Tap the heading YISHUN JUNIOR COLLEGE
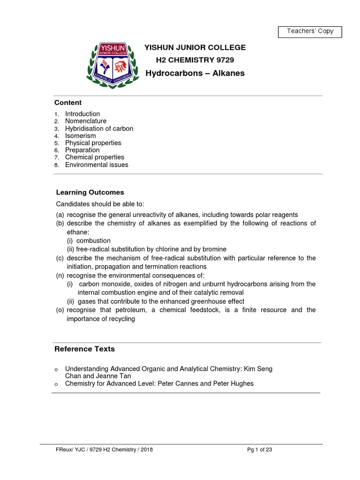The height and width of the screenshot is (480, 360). tap(195, 47)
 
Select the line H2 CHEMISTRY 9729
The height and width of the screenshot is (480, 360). tap(195, 60)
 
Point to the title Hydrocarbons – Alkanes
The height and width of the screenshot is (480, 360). tap(195, 73)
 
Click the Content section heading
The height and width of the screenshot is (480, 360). tap(68, 103)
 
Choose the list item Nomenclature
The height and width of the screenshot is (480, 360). tap(86, 121)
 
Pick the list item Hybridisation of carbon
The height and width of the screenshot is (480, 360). tap(99, 128)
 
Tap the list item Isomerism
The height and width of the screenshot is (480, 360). tap(80, 136)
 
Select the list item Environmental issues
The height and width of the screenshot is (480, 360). tap(97, 165)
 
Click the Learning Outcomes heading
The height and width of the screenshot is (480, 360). tap(90, 192)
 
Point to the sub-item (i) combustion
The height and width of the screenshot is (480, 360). tap(89, 240)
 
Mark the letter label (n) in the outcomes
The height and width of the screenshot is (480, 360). tap(60, 275)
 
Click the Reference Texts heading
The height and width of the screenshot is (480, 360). tap(84, 349)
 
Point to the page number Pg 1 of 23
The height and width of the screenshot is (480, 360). tap(260, 450)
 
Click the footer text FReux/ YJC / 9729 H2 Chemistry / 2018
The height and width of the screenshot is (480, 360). tap(104, 450)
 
